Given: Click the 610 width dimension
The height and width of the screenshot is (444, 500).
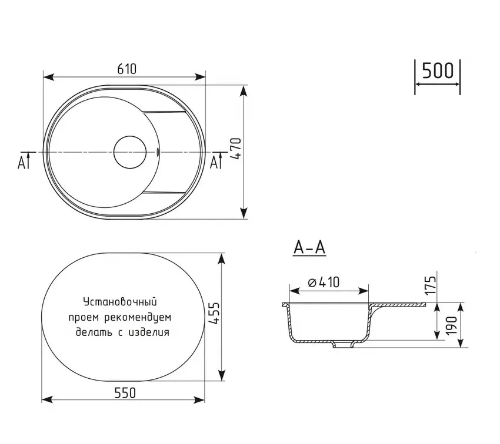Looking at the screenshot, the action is tap(126, 69).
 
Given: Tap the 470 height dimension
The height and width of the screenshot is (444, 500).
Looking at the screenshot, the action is tap(236, 149).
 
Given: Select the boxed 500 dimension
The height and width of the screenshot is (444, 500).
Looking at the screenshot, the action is tap(438, 70).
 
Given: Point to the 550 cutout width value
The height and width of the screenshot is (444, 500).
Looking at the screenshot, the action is tap(125, 393).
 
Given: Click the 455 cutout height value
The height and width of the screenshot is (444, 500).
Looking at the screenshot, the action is tap(214, 313).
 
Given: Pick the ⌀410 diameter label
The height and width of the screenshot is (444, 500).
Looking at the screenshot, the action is tap(324, 282).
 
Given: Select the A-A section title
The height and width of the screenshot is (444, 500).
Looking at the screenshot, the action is tap(309, 248).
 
